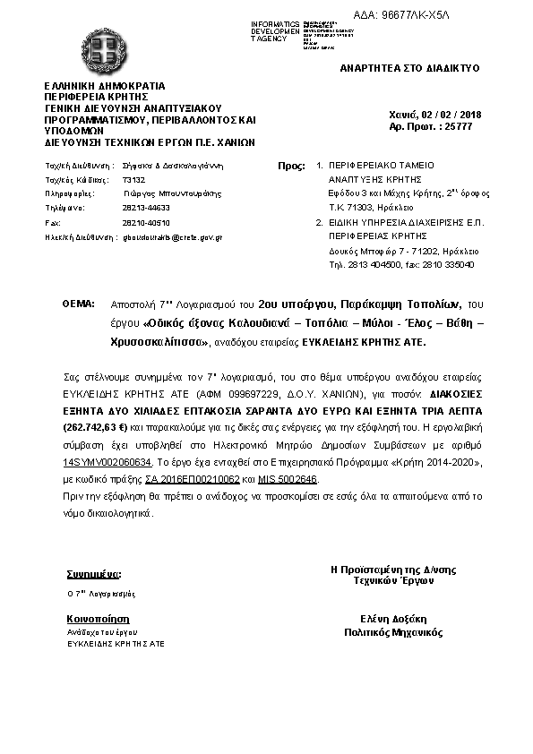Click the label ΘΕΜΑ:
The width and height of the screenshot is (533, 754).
pos(78,304)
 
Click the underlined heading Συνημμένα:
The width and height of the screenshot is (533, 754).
pos(93,573)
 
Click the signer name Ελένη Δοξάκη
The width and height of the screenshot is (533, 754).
pos(393,618)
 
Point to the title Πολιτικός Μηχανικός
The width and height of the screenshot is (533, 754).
pos(393,631)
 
